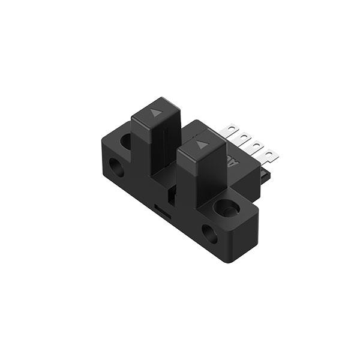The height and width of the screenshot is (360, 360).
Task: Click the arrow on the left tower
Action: click(157, 112)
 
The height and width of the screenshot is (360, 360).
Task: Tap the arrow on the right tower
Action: click(201, 144)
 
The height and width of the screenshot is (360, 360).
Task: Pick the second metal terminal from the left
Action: click(245, 139)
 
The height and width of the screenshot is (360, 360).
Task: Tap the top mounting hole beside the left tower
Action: click(126, 142)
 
